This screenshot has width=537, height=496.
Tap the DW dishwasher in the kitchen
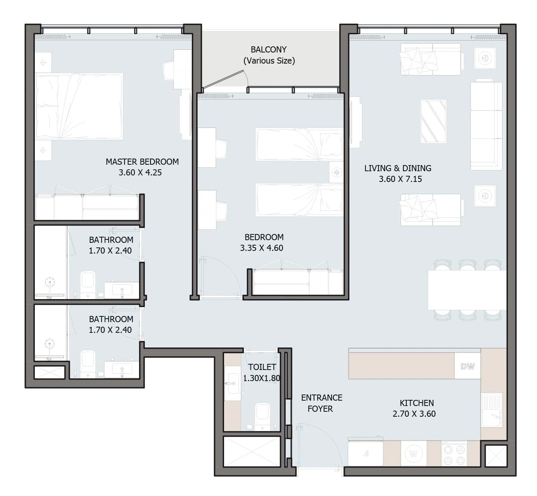pos(468,366)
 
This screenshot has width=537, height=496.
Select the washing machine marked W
pos(413,453)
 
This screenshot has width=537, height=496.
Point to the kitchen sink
pos(492,410)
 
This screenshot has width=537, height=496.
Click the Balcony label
pos(269,55)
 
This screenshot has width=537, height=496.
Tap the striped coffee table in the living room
pos(433,121)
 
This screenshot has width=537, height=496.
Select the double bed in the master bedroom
pos(79,106)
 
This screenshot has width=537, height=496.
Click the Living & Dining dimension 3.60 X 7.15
pos(400,179)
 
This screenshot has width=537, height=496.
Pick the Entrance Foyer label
pos(321,403)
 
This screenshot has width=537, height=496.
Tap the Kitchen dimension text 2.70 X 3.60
pos(414,414)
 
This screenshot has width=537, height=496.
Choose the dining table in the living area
pos(467,290)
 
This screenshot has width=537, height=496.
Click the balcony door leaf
pos(223,79)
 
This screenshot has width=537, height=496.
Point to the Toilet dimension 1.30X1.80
pos(262,378)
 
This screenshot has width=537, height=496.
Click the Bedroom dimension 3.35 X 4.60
pos(262,248)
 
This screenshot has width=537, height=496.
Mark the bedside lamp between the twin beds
pos(336,172)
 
